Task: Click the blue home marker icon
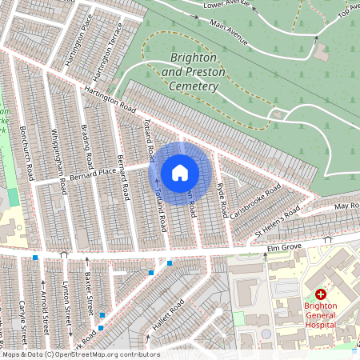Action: (x=180, y=173)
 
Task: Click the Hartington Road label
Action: (x=105, y=99)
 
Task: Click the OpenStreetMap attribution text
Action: (x=81, y=354)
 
